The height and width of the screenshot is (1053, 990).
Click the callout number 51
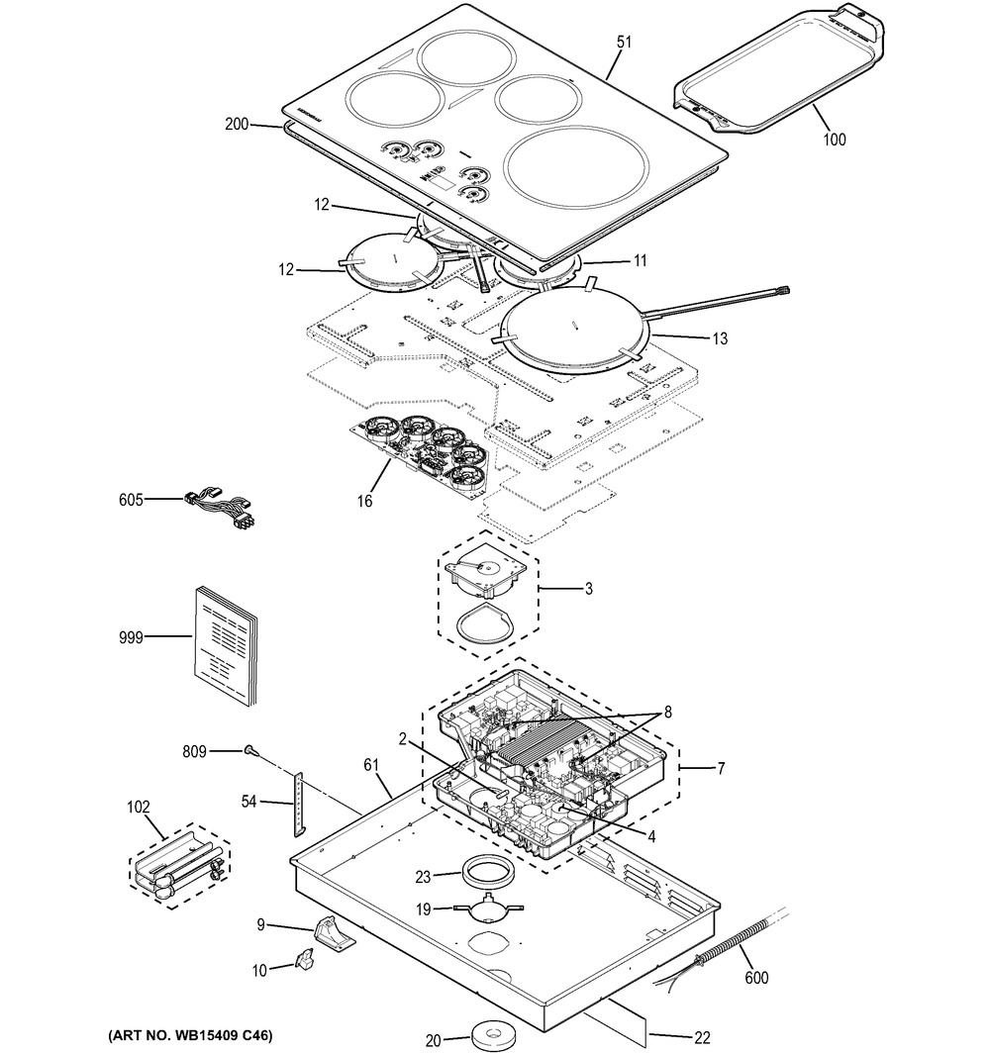point(624,42)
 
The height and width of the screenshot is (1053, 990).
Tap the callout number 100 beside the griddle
point(835,140)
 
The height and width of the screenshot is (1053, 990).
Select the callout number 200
point(237,125)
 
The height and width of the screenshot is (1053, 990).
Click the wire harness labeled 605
point(220,508)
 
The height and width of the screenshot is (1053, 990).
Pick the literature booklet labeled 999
point(223,644)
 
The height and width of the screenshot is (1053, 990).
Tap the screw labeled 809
point(248,751)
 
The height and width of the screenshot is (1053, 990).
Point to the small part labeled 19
point(484,909)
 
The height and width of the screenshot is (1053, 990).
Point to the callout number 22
point(701,1037)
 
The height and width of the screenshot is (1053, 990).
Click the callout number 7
point(721,768)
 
